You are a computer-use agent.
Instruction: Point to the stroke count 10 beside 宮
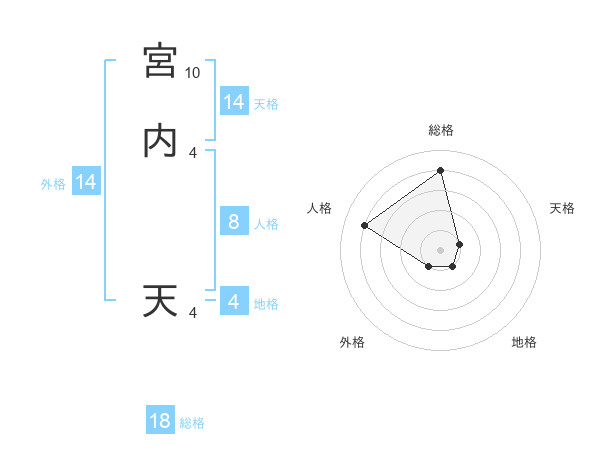tap(192, 73)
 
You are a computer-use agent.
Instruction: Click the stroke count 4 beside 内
tap(193, 153)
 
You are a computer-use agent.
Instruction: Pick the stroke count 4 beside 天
tap(193, 313)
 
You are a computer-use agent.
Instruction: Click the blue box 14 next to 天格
tap(233, 102)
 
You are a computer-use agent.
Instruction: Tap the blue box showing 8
tap(233, 222)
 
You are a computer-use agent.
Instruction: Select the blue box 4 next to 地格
tap(233, 302)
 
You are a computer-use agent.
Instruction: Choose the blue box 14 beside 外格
tap(86, 182)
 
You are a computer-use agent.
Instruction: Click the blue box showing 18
tap(160, 421)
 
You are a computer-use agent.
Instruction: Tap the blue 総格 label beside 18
tap(192, 423)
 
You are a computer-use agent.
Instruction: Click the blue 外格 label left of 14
tap(53, 184)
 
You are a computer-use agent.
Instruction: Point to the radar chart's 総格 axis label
tap(440, 130)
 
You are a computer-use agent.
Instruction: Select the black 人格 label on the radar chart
tap(320, 208)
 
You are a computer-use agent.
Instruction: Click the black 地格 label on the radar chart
tap(524, 342)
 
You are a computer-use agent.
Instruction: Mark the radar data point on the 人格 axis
tap(364, 225)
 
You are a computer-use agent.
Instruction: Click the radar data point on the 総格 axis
tap(440, 171)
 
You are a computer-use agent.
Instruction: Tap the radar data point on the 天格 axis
tap(459, 244)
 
